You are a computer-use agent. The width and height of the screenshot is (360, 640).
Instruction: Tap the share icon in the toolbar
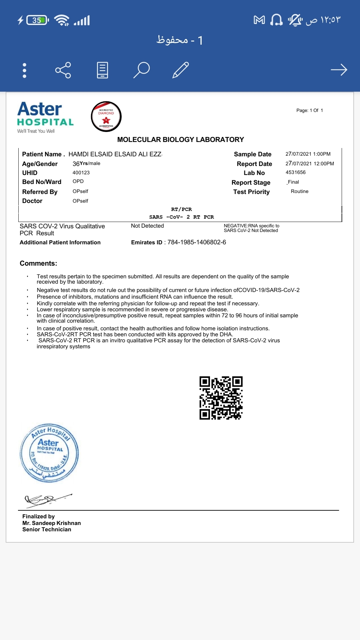(63, 70)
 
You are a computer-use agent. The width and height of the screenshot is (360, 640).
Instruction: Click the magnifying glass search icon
(141, 70)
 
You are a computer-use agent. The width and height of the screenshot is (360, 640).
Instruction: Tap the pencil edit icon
(181, 70)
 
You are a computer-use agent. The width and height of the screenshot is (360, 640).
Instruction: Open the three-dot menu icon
(24, 70)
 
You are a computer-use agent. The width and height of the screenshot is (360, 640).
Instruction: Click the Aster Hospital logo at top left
(45, 117)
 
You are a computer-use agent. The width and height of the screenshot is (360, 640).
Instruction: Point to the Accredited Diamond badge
(106, 117)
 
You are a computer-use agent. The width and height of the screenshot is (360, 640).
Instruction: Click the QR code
(221, 398)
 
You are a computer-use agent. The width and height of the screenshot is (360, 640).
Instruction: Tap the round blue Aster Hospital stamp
(49, 453)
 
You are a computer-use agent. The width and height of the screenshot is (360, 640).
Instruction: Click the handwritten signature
(47, 499)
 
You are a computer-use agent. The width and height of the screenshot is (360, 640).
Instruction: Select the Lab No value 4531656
(295, 172)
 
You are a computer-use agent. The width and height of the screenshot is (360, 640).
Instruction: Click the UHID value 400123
(81, 173)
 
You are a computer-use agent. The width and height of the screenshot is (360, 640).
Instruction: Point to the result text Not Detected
(147, 226)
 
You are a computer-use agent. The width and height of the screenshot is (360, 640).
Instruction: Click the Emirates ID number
(197, 242)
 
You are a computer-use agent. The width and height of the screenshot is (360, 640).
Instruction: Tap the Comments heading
(38, 263)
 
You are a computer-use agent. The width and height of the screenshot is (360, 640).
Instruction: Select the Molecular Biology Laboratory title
(180, 140)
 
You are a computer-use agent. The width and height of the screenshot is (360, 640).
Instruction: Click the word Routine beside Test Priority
(299, 191)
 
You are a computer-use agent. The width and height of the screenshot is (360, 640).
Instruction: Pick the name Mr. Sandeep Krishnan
(52, 523)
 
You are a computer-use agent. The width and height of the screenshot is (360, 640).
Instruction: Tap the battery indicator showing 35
(37, 20)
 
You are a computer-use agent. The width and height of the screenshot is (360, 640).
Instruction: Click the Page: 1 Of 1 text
(309, 110)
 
